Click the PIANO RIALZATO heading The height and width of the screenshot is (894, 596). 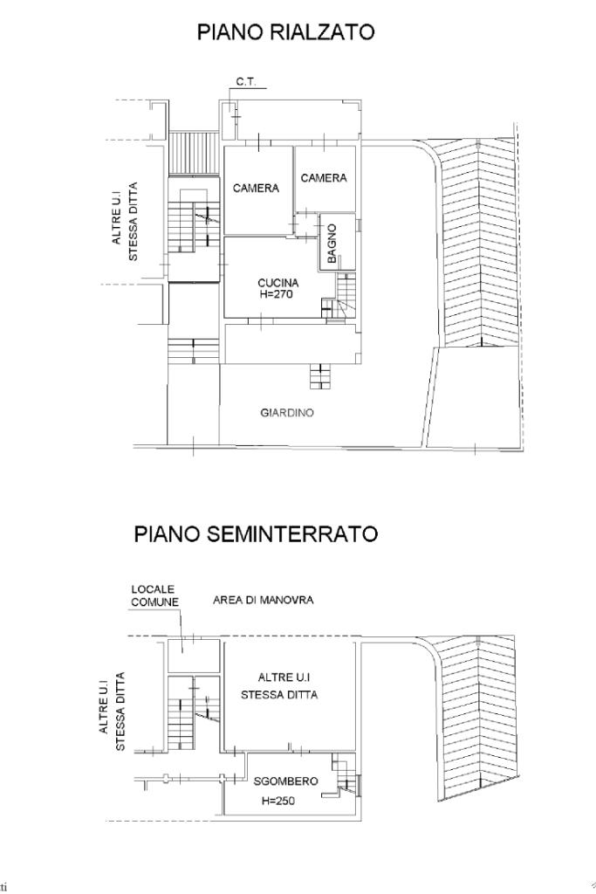(x=285, y=32)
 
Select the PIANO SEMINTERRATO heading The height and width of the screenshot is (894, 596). (x=256, y=534)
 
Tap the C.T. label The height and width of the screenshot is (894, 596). (x=246, y=82)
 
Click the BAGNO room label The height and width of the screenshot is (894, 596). (x=332, y=244)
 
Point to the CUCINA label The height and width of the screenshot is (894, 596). (x=278, y=283)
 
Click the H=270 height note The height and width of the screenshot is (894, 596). (x=278, y=295)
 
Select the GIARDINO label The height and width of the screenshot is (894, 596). (x=287, y=413)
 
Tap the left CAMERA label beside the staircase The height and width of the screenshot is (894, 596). (x=256, y=189)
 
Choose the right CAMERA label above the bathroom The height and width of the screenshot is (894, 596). (x=324, y=178)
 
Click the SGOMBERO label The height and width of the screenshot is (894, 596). (x=285, y=781)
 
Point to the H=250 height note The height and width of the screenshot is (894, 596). (x=278, y=801)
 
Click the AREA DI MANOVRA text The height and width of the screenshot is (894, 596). (x=264, y=600)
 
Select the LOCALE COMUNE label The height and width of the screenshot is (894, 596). (x=154, y=595)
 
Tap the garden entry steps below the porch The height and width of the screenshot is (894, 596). (x=320, y=376)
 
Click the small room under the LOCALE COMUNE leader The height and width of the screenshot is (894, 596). (x=194, y=656)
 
